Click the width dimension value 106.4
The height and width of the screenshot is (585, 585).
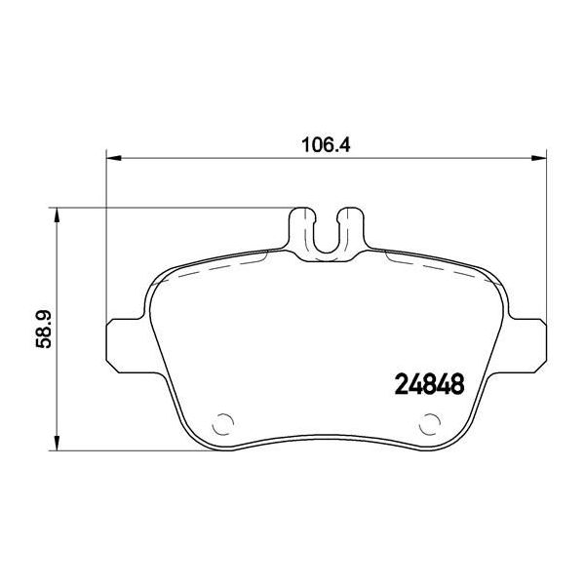pos(326,144)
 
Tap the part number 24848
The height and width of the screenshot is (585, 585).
pos(429,384)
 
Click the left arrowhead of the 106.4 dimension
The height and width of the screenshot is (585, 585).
pos(114,159)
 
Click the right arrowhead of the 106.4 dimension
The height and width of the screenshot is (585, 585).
pos(539,159)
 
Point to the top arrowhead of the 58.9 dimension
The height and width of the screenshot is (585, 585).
pos(57,215)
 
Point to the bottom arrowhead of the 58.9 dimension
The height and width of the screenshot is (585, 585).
pos(57,443)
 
